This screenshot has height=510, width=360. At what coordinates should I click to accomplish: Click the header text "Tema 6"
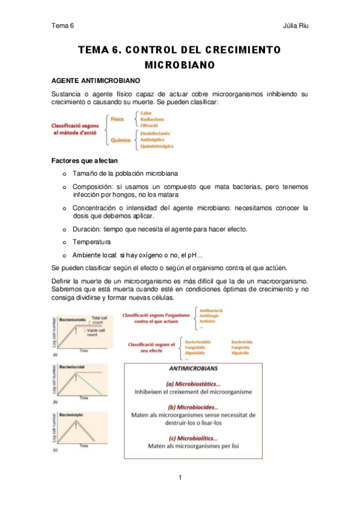62,26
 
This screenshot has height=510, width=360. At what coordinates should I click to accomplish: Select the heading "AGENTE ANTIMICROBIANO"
96,80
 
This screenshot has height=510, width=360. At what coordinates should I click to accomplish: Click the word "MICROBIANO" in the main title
180,64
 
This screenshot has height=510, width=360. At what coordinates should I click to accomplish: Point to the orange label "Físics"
118,120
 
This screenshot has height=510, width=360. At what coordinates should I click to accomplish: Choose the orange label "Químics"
120,140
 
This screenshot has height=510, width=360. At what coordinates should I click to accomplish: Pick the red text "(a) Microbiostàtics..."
194,382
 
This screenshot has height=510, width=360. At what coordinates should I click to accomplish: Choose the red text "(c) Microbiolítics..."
193,438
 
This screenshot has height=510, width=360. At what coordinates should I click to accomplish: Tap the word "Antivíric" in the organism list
210,322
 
